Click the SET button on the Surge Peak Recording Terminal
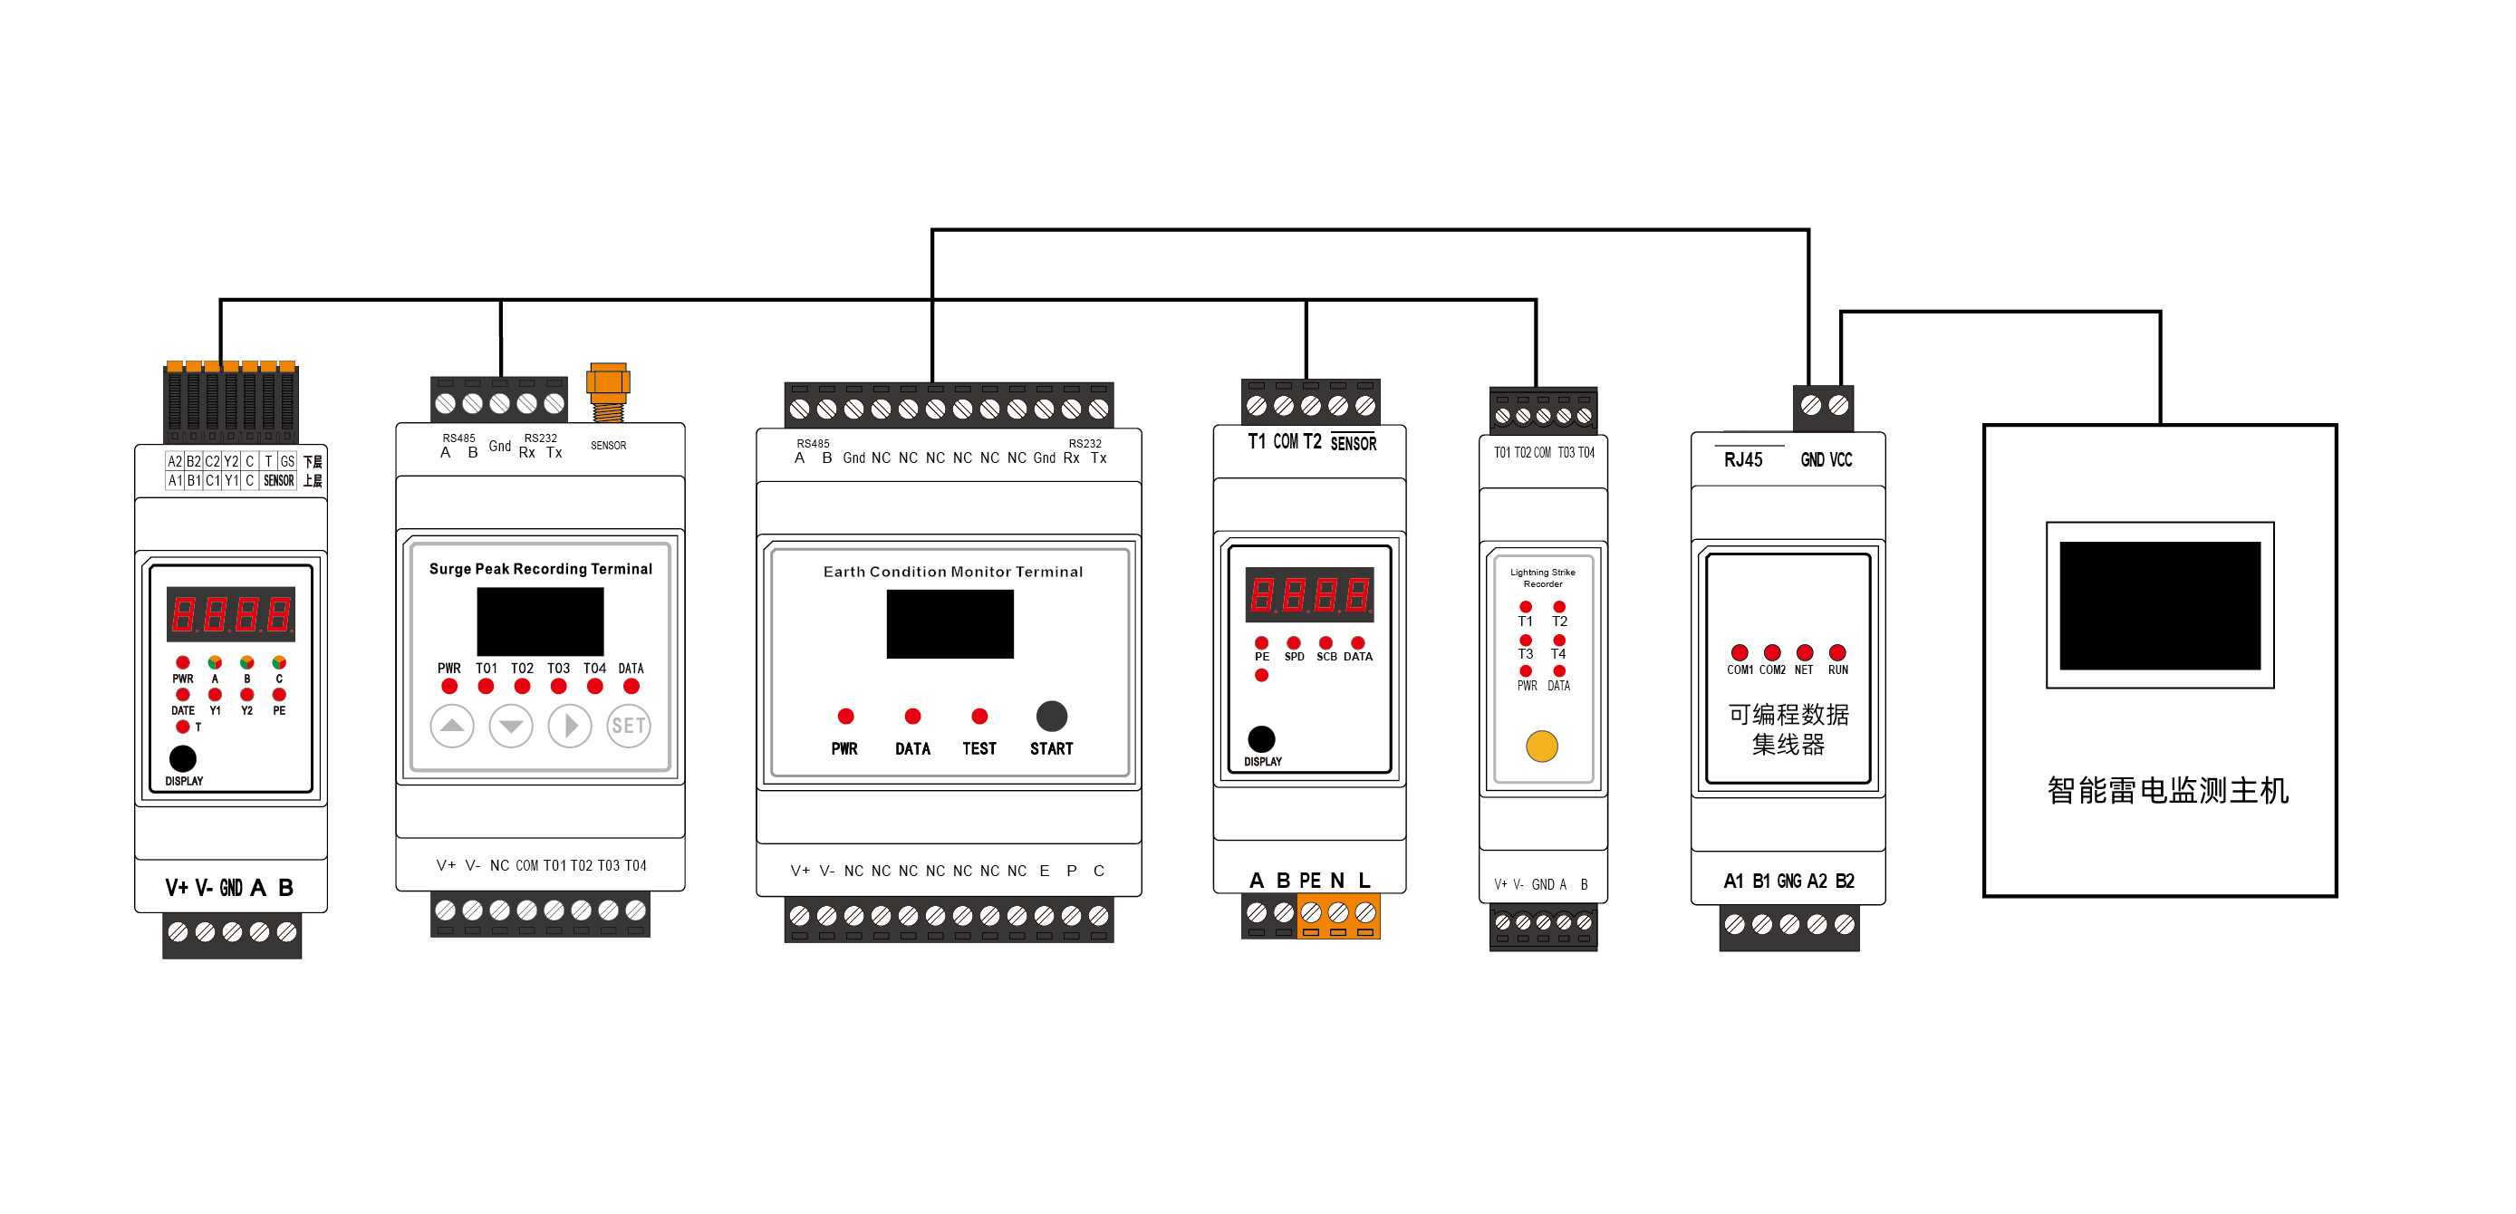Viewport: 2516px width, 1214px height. pos(628,726)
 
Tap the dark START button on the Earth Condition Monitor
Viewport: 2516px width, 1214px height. pos(1051,716)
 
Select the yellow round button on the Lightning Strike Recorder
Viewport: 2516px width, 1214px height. pos(1541,747)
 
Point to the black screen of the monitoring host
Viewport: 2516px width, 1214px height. pos(2160,604)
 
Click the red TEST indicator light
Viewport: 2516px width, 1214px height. pos(979,716)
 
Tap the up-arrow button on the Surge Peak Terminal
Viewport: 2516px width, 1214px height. pos(452,726)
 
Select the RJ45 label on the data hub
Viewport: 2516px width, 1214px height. pos(1742,460)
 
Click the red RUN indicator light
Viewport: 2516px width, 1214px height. pos(1837,652)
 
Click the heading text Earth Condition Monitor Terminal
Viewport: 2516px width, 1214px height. pos(952,572)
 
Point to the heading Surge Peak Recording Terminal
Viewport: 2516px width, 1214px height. pos(540,568)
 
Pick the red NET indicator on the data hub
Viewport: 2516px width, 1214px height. pos(1804,652)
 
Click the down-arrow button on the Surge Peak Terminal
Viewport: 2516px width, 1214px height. pos(511,726)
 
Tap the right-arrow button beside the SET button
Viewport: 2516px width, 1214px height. pos(569,726)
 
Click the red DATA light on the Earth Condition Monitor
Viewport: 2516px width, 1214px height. pos(912,716)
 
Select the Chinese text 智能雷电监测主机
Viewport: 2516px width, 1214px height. pos(2167,790)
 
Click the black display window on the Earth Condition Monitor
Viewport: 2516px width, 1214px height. pos(950,624)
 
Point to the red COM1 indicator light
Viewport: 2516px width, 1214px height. pos(1739,652)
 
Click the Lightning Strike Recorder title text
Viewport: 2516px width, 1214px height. pos(1542,577)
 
